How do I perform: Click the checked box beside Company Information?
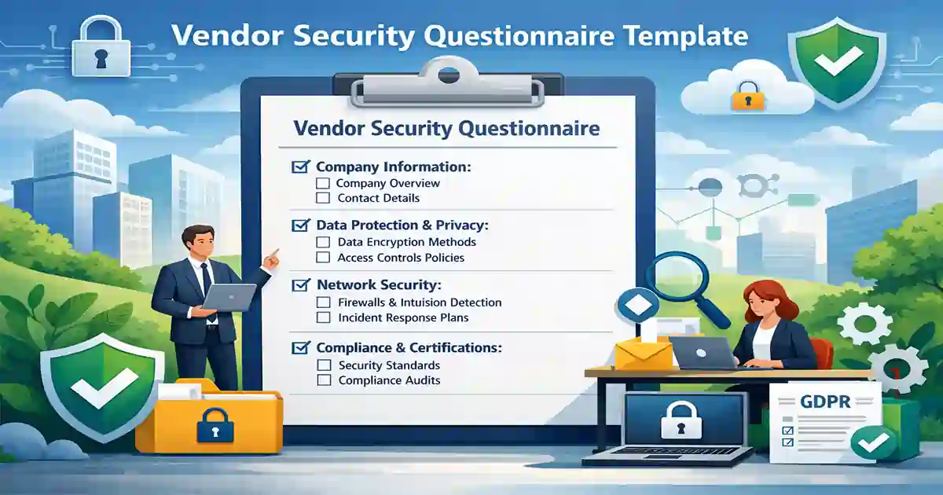tap(299, 167)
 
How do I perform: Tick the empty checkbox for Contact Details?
tap(322, 199)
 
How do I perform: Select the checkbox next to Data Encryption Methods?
tap(322, 243)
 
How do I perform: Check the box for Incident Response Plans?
tap(322, 318)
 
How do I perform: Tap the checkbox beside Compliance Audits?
tap(323, 381)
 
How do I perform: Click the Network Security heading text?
tap(378, 284)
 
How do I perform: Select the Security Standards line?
tap(389, 365)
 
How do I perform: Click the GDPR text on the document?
tap(825, 402)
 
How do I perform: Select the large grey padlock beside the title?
tap(100, 49)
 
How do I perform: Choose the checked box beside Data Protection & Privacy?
tap(299, 225)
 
